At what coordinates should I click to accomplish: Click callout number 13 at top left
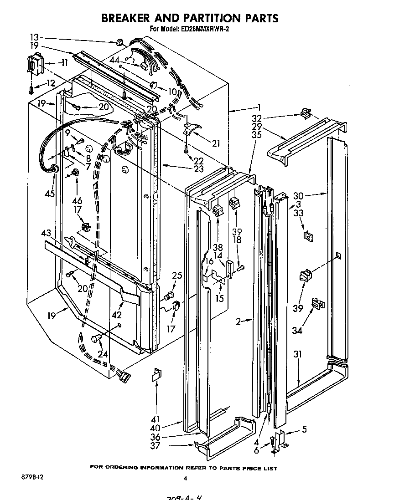35,37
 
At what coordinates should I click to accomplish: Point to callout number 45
49,194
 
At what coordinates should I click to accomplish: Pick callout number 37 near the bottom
156,446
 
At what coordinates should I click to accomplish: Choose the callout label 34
297,330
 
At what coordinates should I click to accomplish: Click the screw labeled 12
31,89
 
